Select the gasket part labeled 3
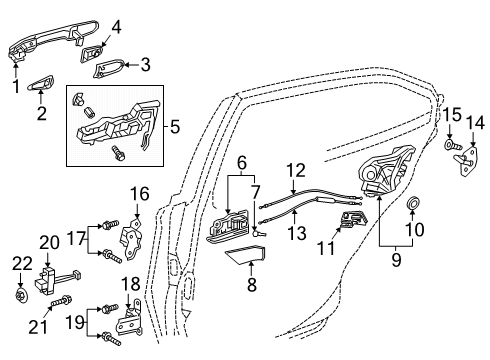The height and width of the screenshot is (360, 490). [113, 68]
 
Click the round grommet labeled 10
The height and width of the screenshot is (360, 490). [412, 207]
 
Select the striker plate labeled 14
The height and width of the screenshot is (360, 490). [467, 163]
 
